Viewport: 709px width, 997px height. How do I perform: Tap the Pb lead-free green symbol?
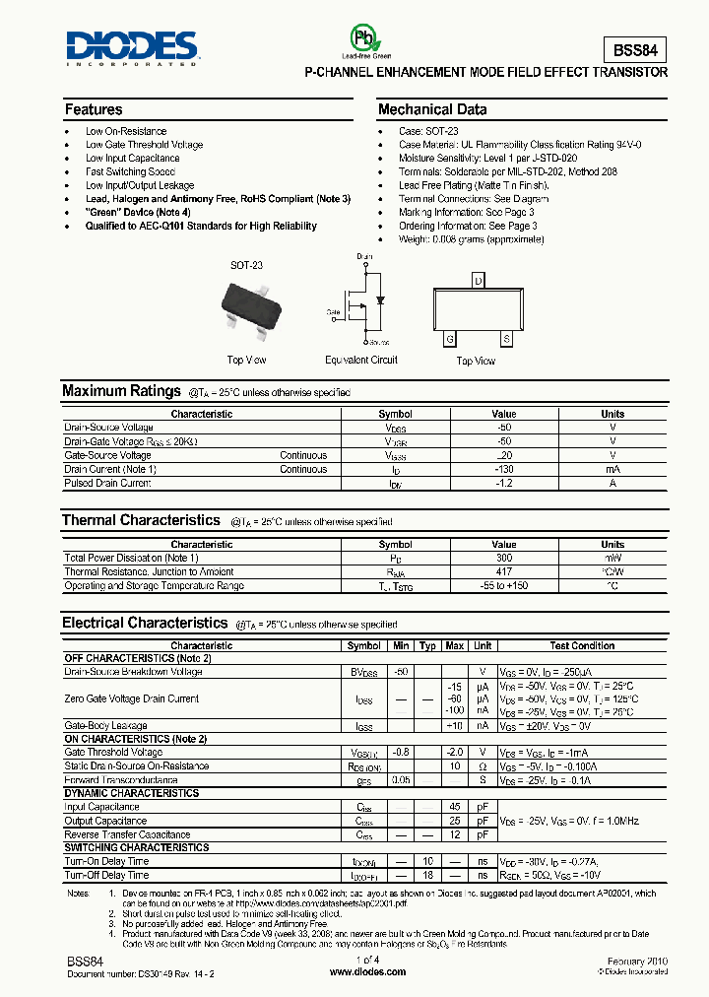[365, 39]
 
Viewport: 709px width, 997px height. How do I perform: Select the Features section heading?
[94, 109]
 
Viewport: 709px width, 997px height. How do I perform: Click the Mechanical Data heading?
[432, 109]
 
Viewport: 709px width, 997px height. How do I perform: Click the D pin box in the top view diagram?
[478, 281]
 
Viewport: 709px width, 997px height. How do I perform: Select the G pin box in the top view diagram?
[450, 339]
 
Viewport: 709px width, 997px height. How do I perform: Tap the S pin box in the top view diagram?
[506, 339]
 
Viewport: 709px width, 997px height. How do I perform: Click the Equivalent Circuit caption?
[361, 360]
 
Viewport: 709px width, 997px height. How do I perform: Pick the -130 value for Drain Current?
[503, 470]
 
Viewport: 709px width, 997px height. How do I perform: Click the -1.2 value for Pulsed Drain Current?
[503, 484]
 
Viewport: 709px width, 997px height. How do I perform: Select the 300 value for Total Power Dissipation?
[503, 559]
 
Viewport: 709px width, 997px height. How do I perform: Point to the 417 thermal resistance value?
[503, 572]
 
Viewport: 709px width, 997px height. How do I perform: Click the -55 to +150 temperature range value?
[503, 586]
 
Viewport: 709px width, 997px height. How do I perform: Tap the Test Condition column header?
[582, 646]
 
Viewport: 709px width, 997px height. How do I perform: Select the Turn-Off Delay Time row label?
[107, 875]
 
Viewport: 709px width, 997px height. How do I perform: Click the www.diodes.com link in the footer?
[367, 971]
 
